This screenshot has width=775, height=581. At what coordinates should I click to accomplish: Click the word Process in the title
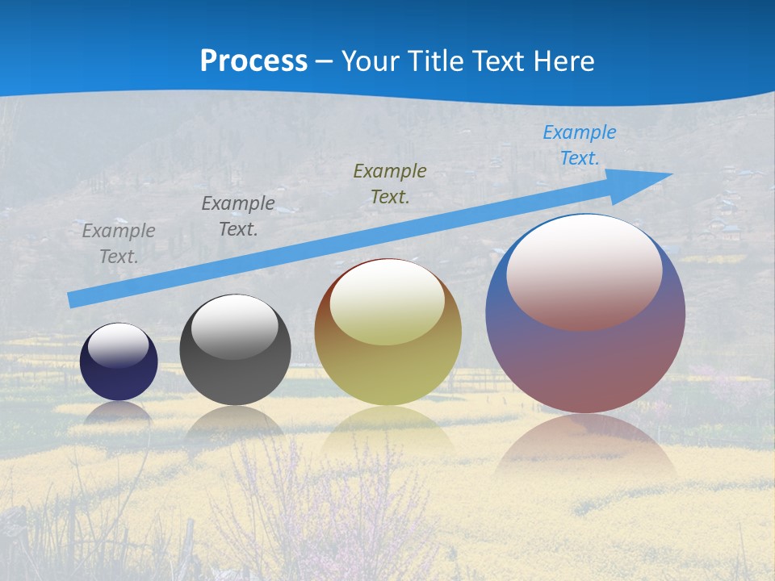click(x=253, y=61)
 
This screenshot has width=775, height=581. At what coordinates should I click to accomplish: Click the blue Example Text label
click(x=579, y=145)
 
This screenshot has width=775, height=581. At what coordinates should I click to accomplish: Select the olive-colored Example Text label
click(x=390, y=183)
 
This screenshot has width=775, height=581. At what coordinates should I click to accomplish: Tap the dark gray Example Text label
click(x=238, y=215)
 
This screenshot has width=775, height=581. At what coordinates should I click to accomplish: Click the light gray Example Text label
click(x=119, y=243)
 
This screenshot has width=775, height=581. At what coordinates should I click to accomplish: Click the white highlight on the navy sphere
click(x=118, y=345)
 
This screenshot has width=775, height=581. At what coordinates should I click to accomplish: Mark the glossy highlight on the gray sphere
click(x=235, y=327)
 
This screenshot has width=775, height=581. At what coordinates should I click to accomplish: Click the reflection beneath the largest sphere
click(x=585, y=448)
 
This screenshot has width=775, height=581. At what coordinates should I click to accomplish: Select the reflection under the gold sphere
click(x=388, y=432)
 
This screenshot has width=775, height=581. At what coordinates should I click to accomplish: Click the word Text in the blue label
click(x=579, y=158)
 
